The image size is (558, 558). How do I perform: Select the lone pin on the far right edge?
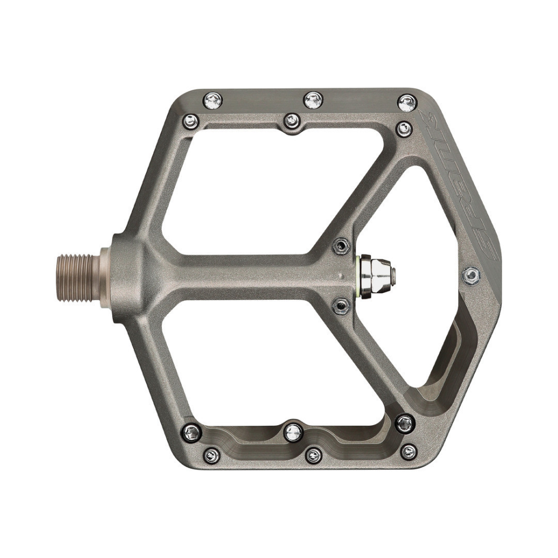pyautogui.click(x=472, y=274)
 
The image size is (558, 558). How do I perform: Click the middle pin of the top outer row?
pyautogui.click(x=313, y=100)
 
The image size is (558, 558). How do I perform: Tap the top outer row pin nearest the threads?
pyautogui.click(x=213, y=100)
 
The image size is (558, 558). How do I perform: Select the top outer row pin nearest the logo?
pyautogui.click(x=407, y=103)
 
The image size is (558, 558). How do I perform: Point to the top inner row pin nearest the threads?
pyautogui.click(x=191, y=120)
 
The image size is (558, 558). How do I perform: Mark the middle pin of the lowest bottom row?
pyautogui.click(x=314, y=455)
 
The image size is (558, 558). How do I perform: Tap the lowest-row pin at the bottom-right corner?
pyautogui.click(x=409, y=451)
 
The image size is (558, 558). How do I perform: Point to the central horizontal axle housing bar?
pyautogui.click(x=240, y=274)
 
